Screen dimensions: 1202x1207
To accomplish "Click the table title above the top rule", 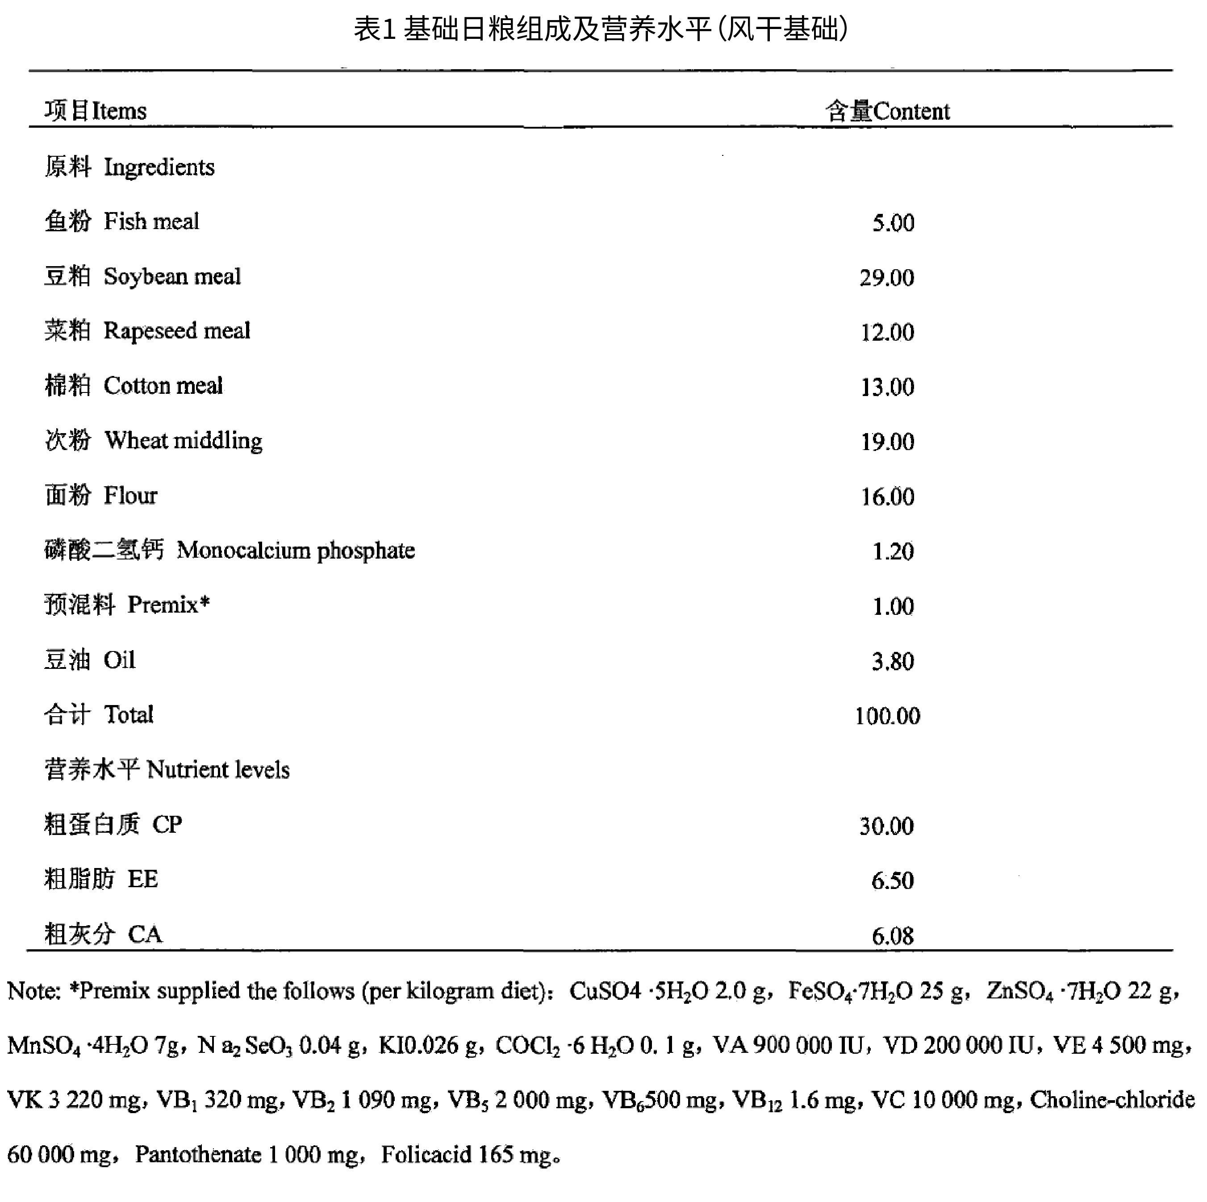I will [601, 29].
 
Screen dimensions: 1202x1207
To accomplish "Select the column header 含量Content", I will [887, 111].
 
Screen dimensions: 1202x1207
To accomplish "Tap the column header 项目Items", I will [95, 111].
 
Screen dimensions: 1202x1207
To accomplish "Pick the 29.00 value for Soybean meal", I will [886, 277].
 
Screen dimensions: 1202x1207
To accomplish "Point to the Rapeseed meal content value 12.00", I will [887, 332].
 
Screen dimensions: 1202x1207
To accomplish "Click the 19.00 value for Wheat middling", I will [887, 442].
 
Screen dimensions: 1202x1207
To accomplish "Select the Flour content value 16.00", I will [887, 497].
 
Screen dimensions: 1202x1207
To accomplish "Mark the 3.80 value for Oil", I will [893, 661].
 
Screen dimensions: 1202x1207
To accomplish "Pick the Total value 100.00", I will [887, 716].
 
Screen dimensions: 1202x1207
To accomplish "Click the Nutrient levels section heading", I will [167, 770].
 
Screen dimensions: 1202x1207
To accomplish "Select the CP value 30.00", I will [886, 826].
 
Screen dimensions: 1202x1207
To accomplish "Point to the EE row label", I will [100, 880].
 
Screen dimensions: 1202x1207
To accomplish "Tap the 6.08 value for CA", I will [893, 936].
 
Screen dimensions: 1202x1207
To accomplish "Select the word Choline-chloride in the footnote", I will [1112, 1100].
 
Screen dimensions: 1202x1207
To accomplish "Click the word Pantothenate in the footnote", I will [198, 1155].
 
